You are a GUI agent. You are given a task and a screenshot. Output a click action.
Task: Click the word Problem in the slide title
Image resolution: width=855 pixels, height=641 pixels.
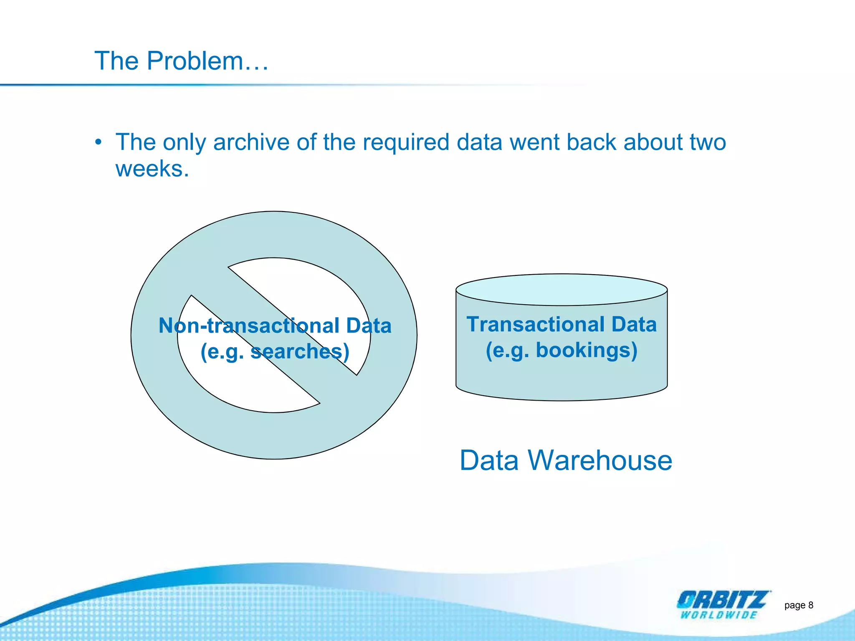[x=195, y=61]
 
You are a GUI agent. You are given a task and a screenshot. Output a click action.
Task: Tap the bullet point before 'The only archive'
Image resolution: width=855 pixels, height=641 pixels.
[x=98, y=142]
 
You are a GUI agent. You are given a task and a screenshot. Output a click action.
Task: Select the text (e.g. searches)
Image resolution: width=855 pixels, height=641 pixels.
[x=275, y=351]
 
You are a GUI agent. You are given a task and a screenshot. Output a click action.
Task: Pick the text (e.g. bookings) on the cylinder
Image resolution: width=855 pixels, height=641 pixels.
[x=562, y=350]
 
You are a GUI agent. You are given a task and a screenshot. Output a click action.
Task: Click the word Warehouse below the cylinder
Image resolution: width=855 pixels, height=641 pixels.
[x=600, y=461]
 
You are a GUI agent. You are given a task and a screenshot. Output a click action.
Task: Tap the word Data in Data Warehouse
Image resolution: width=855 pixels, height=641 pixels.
[x=489, y=461]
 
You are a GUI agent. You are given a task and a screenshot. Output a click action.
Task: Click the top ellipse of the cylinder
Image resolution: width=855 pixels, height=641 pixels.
[x=562, y=290]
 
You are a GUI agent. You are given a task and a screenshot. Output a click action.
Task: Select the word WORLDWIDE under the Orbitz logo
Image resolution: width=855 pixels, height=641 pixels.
[x=718, y=615]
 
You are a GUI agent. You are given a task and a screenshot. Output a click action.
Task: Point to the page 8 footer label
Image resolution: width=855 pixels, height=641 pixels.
[x=798, y=605]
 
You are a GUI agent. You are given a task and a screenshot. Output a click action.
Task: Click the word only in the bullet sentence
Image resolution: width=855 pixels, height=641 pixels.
[x=184, y=142]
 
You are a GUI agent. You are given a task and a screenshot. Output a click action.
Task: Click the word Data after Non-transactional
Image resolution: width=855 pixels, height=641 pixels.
[x=368, y=326]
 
